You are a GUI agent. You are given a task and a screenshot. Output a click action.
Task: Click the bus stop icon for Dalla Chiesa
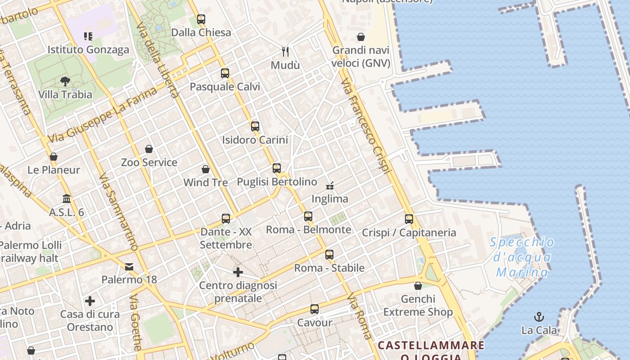tap(201, 19)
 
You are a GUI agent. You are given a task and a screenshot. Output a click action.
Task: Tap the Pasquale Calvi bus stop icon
tap(225, 73)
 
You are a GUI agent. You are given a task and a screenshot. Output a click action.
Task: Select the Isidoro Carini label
tap(255, 140)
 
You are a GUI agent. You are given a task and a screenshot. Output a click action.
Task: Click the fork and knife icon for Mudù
tap(285, 52)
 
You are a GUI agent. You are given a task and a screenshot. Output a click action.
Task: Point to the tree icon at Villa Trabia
tap(65, 81)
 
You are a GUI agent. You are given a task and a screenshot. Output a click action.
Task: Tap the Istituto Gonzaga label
tap(88, 49)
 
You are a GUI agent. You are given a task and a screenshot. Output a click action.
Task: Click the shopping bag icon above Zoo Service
tap(149, 149)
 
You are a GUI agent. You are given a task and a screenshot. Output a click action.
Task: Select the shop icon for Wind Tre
tap(206, 169)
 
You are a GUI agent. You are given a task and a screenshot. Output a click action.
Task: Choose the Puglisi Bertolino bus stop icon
tap(277, 168)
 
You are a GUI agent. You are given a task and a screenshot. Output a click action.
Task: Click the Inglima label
tap(330, 198)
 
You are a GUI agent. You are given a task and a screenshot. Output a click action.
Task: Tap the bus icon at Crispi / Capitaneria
tap(409, 219)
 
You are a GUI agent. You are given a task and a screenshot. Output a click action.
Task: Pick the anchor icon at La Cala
tap(539, 317)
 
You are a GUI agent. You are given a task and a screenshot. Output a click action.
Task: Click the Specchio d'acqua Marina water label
tap(522, 257)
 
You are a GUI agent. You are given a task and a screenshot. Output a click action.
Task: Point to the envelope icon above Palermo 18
tap(130, 267)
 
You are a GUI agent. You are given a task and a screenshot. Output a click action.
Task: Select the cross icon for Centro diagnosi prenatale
tap(238, 272)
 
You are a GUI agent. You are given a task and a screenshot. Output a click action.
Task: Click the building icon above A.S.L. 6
tap(67, 198)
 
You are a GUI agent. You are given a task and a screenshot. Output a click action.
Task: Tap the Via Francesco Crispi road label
tap(365, 126)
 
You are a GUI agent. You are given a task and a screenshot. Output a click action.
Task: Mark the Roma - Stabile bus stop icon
tap(329, 255)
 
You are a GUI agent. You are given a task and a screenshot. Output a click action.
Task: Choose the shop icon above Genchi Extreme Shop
tap(418, 286)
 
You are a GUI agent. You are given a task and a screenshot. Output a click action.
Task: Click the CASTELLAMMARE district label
tap(431, 345)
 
